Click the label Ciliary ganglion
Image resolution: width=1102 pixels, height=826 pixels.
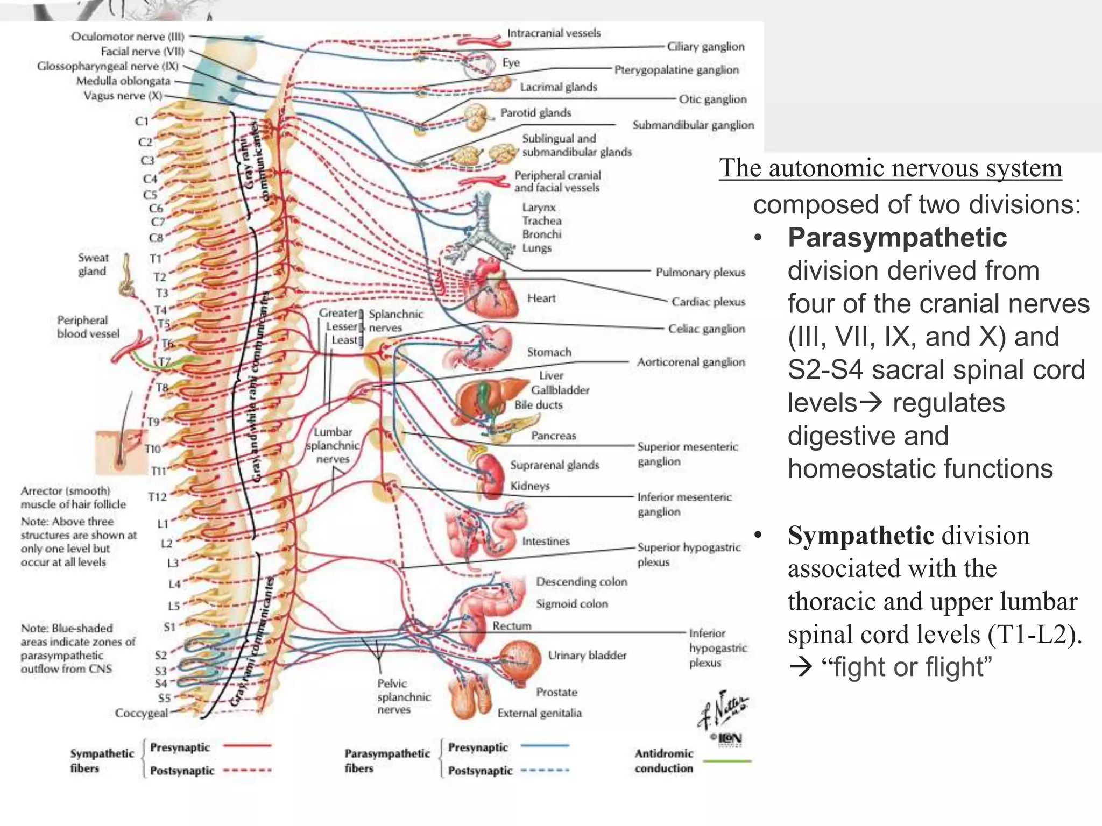(x=705, y=47)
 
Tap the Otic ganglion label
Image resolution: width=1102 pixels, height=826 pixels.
(x=712, y=99)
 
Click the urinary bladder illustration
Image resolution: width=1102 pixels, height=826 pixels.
(x=520, y=659)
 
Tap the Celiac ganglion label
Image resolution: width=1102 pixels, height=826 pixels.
(x=706, y=329)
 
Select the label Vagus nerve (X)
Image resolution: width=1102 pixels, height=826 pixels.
(x=123, y=96)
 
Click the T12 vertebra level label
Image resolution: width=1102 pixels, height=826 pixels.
(x=157, y=497)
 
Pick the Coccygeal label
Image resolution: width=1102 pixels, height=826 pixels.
(x=141, y=713)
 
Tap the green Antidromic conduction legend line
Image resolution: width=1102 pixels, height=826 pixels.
(x=727, y=761)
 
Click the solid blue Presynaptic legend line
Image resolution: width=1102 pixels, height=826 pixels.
(x=545, y=746)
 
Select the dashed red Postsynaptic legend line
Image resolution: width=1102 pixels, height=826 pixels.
(x=248, y=770)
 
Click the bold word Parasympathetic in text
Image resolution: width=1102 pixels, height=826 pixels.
(x=897, y=238)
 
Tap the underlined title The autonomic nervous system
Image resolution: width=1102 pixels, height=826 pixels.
(x=890, y=168)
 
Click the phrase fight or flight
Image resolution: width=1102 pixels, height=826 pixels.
(x=906, y=667)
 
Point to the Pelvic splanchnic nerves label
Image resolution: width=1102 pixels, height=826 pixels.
(x=403, y=696)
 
